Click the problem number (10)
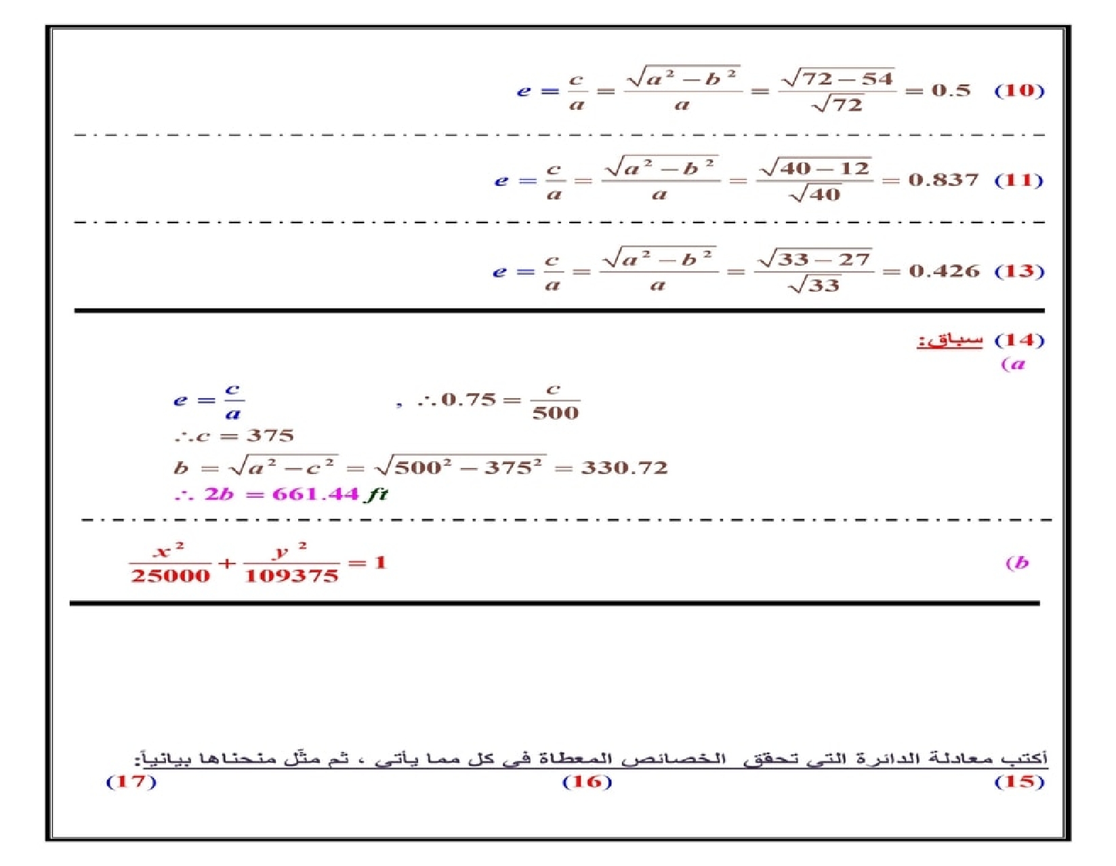click(1018, 90)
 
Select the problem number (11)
click(1018, 180)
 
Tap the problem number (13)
click(1018, 271)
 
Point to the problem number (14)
click(1018, 340)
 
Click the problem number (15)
click(1018, 781)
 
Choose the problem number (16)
click(587, 781)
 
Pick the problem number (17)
click(131, 781)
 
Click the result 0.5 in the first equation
click(950, 90)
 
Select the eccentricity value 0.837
click(943, 180)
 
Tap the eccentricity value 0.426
click(944, 271)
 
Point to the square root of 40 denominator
click(815, 195)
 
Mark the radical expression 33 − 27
click(822, 259)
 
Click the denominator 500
click(555, 412)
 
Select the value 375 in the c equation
click(270, 435)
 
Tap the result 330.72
click(624, 468)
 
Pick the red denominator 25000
click(170, 576)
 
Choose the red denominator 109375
click(291, 576)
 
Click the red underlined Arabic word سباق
click(949, 340)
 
